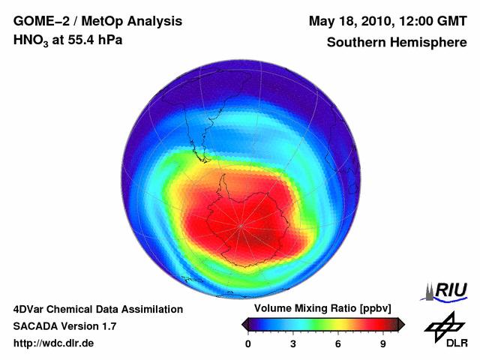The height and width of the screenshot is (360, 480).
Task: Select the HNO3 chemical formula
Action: [x=31, y=41]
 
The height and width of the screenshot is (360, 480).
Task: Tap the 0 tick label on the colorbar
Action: [x=248, y=344]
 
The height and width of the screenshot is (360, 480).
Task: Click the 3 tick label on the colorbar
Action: [x=293, y=344]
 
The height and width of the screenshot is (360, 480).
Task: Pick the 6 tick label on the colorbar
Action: [x=338, y=344]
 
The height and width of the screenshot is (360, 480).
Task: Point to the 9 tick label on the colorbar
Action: [x=383, y=344]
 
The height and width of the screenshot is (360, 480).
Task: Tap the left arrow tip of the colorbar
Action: [x=244, y=324]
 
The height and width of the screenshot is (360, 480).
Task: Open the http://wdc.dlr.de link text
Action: [x=54, y=343]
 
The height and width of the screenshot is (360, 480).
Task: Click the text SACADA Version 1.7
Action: [x=64, y=326]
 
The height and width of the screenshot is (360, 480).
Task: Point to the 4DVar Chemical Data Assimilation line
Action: [x=97, y=309]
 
